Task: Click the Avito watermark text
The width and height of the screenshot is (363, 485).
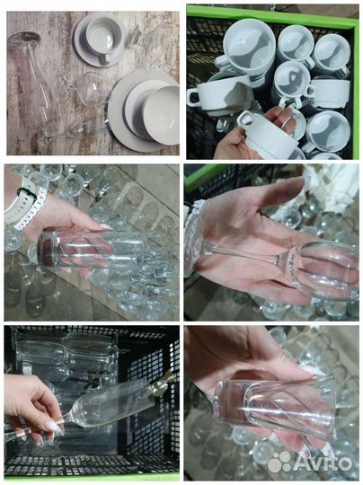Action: [x=322, y=463]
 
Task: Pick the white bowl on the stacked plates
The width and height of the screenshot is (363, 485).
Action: [x=162, y=115]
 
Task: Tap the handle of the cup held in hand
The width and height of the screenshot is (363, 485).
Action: [x=245, y=119]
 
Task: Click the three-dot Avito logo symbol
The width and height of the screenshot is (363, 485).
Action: [x=280, y=463]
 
